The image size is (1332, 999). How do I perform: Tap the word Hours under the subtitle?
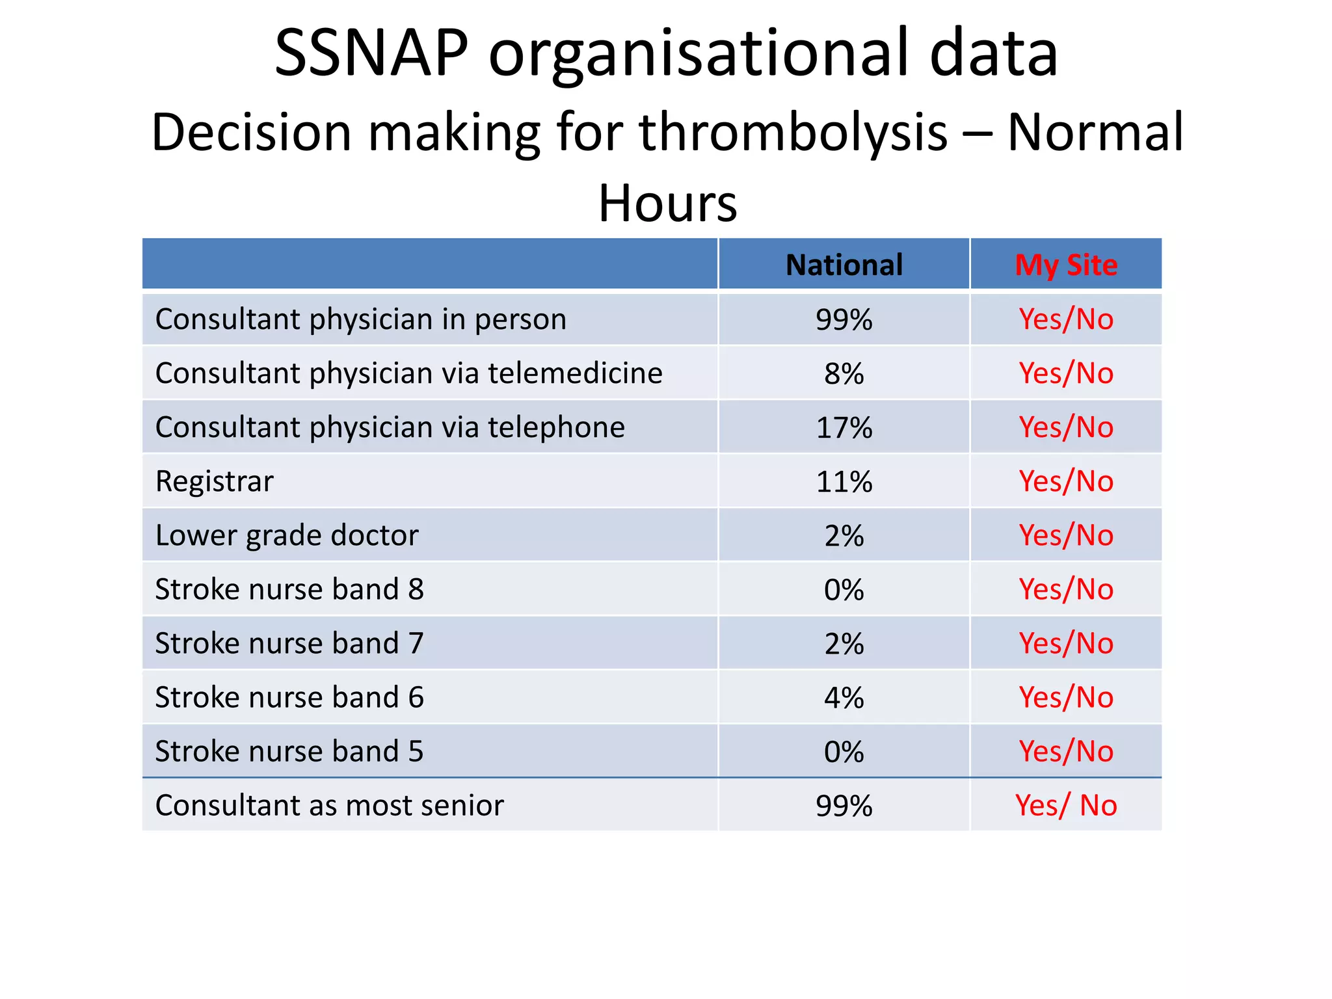667,204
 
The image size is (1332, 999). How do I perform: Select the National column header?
844,265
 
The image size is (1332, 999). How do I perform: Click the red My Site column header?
1066,265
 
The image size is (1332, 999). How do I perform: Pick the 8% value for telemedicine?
844,374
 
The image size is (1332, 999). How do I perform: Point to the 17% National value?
844,428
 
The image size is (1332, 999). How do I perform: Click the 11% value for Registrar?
844,482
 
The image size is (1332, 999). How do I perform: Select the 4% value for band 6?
844,698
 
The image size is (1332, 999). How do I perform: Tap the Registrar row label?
215,482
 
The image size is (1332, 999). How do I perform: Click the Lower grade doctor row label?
287,536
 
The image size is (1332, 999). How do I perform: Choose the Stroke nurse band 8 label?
289,590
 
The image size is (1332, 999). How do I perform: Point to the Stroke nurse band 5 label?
289,752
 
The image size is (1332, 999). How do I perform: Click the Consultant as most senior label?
330,806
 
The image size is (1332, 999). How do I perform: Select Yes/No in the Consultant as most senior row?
1066,806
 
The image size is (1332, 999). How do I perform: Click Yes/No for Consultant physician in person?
1066,320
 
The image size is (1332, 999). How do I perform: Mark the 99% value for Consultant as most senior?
844,806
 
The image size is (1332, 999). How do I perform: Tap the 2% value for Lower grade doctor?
844,536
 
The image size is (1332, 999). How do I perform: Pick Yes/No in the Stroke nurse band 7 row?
1066,644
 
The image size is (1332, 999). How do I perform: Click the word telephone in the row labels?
556,428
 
